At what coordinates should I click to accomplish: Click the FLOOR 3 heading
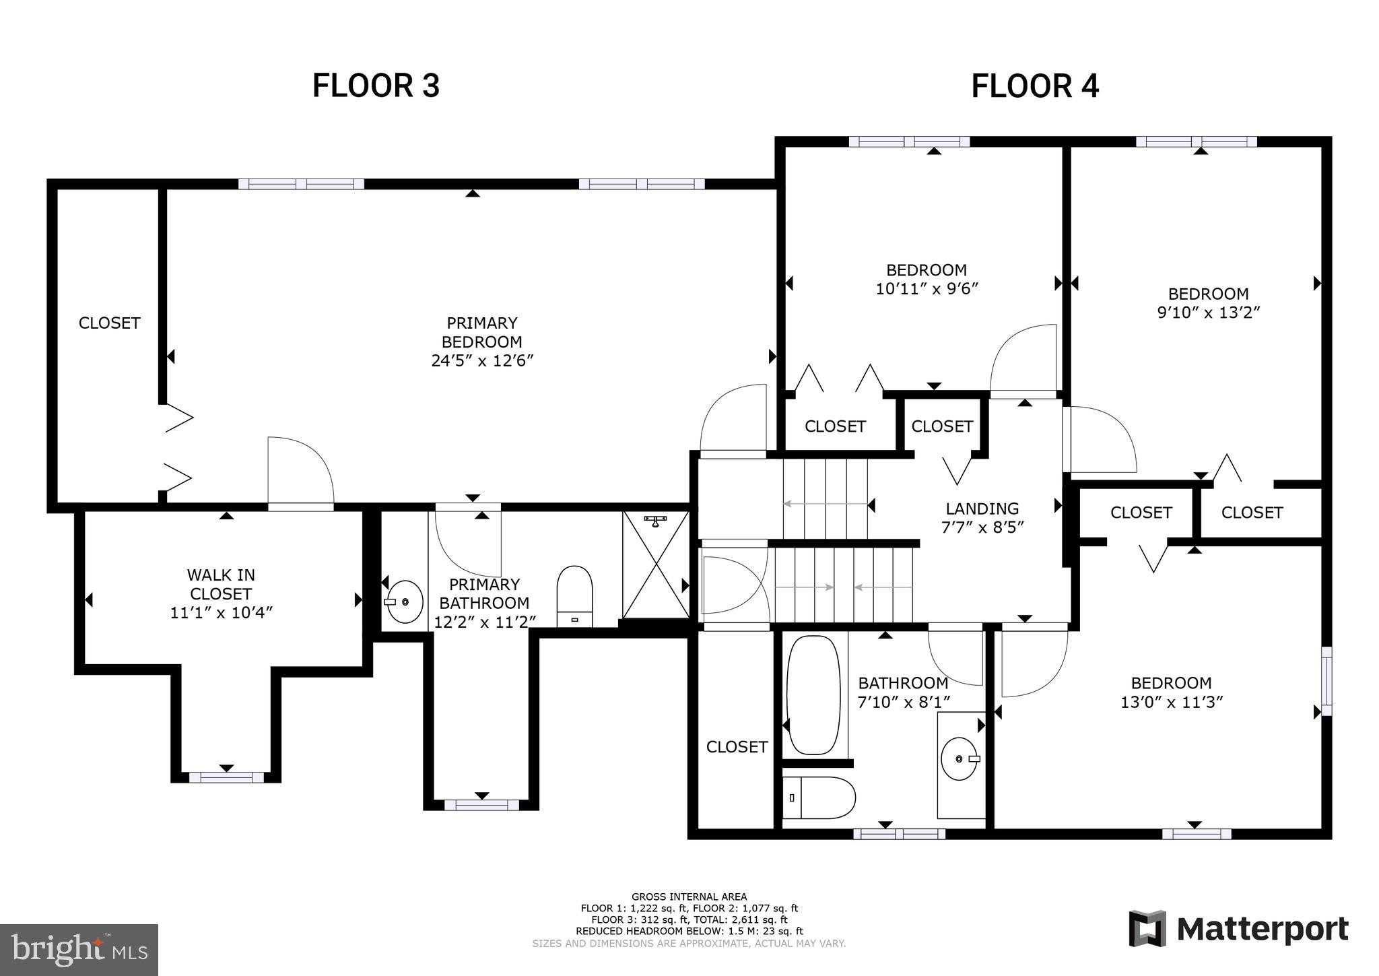[376, 86]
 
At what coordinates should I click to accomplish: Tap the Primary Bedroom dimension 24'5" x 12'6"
[482, 361]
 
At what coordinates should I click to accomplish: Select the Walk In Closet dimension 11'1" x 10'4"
[221, 613]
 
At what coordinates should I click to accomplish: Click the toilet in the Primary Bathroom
[574, 595]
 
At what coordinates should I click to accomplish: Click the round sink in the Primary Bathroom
[405, 601]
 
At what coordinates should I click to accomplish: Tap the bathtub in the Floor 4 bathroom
[813, 694]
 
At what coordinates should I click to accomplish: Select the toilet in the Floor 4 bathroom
[818, 798]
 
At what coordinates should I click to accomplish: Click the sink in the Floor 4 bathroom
[959, 758]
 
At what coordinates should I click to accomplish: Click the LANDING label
[982, 509]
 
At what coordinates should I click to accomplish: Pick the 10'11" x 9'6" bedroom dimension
[927, 289]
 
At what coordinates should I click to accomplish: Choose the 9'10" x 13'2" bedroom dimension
[1208, 313]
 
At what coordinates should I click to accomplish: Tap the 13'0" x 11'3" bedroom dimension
[1171, 702]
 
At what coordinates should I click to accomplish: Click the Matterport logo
[1238, 930]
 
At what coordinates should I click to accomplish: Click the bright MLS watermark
[79, 950]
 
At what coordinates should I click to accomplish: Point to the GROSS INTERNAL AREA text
[689, 897]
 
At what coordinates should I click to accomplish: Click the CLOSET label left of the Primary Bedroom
[109, 323]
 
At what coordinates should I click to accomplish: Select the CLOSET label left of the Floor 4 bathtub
[737, 746]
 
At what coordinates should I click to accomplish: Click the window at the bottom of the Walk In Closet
[226, 777]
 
